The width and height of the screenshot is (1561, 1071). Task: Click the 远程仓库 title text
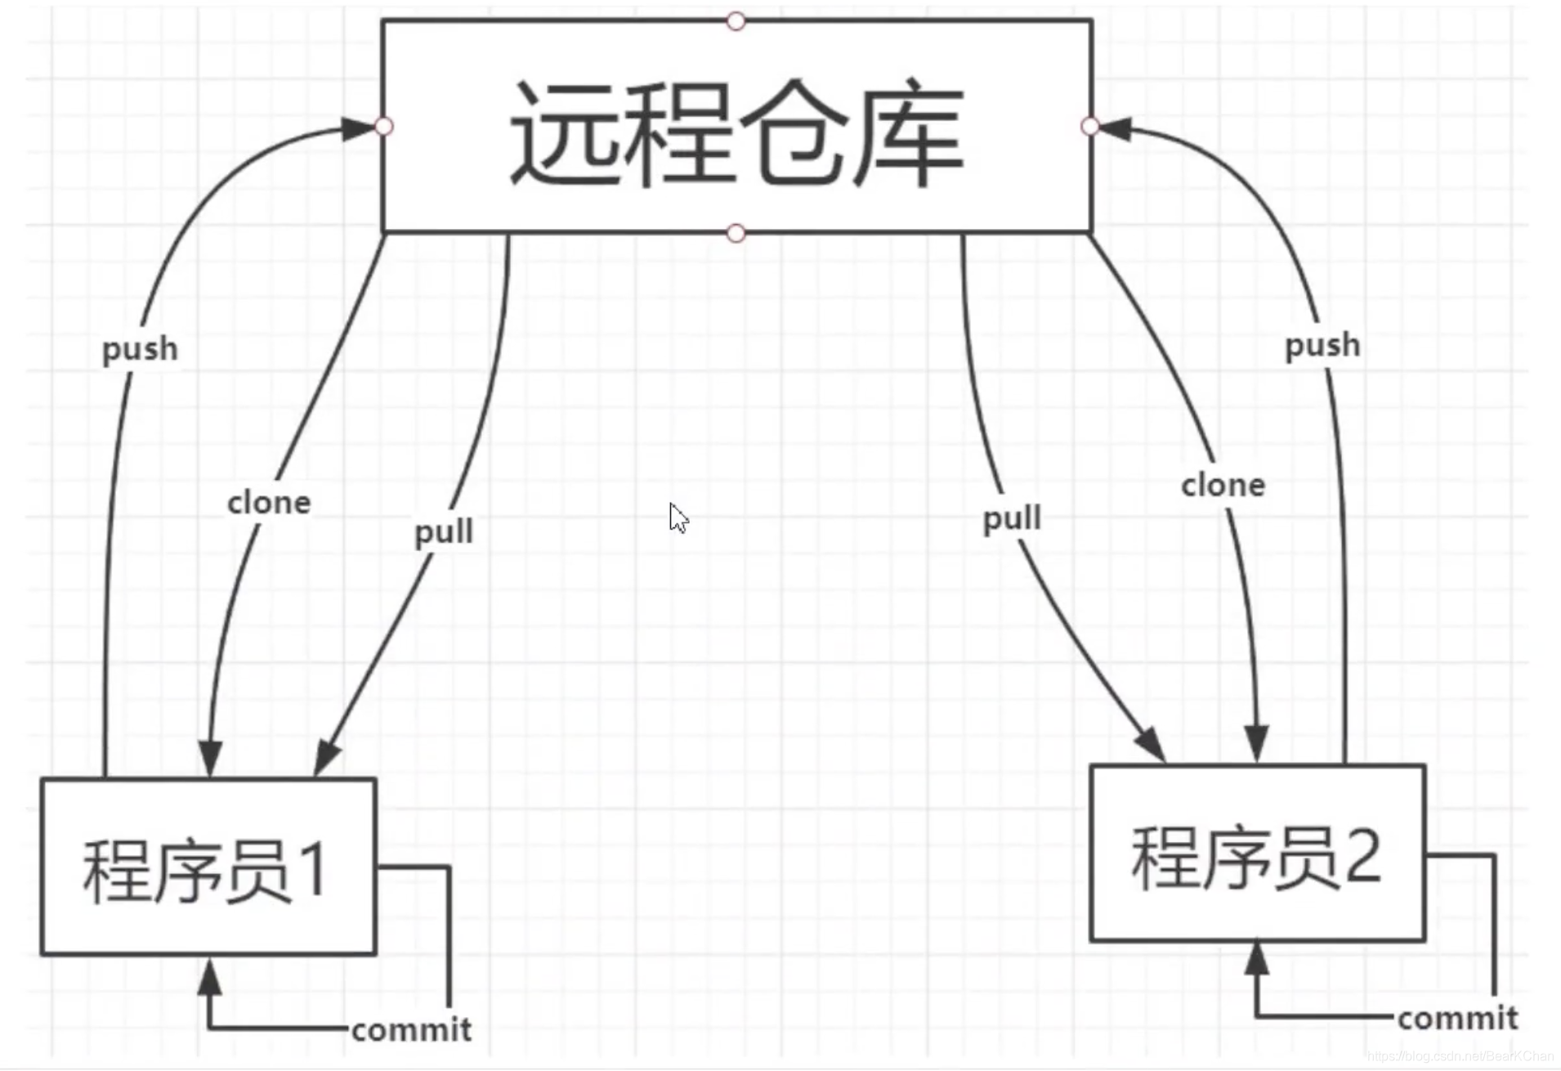pos(736,132)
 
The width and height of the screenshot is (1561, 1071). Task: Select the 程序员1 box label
pos(205,871)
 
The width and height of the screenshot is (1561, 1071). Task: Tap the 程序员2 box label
pos(1256,858)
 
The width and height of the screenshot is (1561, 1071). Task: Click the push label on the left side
pos(140,350)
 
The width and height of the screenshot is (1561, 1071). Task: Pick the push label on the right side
pos(1322,346)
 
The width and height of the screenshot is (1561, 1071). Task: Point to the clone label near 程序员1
pos(269,503)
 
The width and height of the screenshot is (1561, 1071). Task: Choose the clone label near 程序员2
pos(1223,486)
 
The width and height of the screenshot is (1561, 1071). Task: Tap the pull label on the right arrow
pos(1012,519)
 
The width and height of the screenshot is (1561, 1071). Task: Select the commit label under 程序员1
pos(411,1030)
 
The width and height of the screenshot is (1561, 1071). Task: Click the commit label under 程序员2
pos(1457,1019)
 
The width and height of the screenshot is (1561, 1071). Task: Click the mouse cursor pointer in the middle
pos(677,518)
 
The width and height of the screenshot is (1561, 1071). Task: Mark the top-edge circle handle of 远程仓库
pos(736,21)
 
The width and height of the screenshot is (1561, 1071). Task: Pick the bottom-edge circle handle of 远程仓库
pos(736,234)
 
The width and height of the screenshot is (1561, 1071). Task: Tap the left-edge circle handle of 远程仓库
pos(383,126)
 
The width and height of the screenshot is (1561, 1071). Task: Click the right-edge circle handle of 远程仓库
pos(1089,126)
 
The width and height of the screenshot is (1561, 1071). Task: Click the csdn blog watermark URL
pos(1460,1056)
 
